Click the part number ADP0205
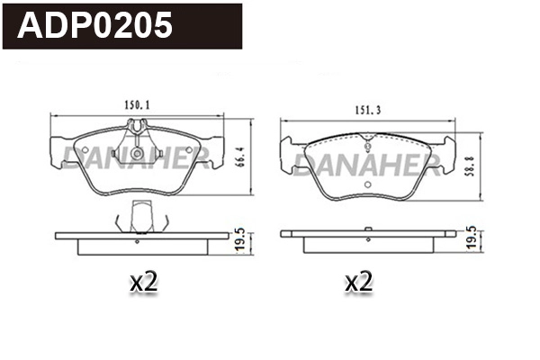95,24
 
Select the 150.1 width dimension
137,106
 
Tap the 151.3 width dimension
369,111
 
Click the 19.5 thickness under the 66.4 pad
238,239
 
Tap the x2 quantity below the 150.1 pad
144,283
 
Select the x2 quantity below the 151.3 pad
358,283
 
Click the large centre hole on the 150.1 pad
136,154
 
